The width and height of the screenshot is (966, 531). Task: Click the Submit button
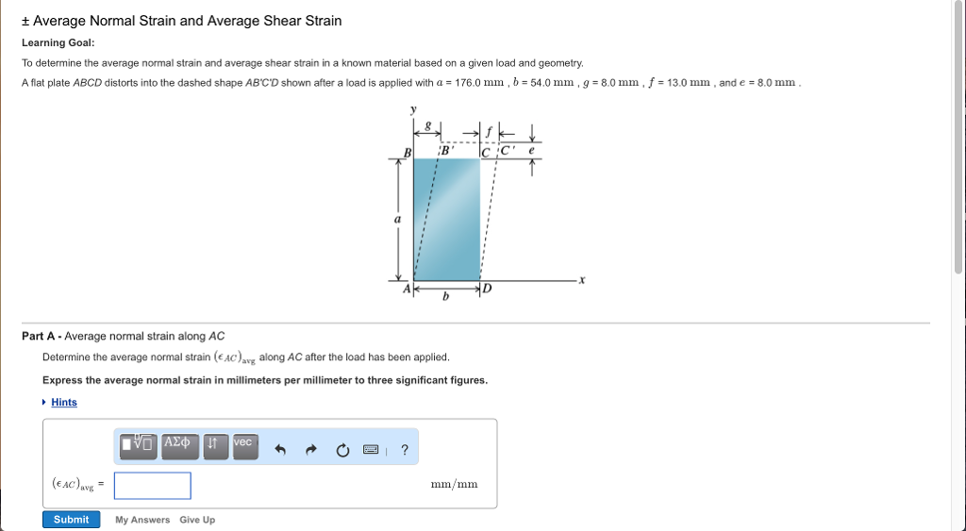coord(71,520)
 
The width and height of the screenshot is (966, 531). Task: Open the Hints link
coord(64,403)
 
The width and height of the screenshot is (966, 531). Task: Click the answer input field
coord(152,486)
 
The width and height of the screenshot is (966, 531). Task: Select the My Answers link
coord(142,520)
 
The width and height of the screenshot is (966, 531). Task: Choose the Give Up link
coord(197,520)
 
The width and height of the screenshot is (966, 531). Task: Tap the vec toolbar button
coord(243,444)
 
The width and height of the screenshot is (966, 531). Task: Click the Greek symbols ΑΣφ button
coord(179,444)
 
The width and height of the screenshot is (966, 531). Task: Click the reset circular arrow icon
coord(341,450)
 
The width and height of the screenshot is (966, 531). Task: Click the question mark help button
coord(405,450)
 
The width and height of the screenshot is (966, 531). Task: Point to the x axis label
coord(582,280)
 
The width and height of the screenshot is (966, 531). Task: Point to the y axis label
coord(412,109)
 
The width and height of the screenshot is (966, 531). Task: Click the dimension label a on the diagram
coord(397,219)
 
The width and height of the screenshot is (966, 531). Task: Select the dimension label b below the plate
coord(446,296)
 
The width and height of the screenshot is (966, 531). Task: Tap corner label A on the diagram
coord(407,290)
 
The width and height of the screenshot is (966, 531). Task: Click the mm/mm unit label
coord(454,485)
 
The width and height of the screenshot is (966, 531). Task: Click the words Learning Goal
coord(58,42)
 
